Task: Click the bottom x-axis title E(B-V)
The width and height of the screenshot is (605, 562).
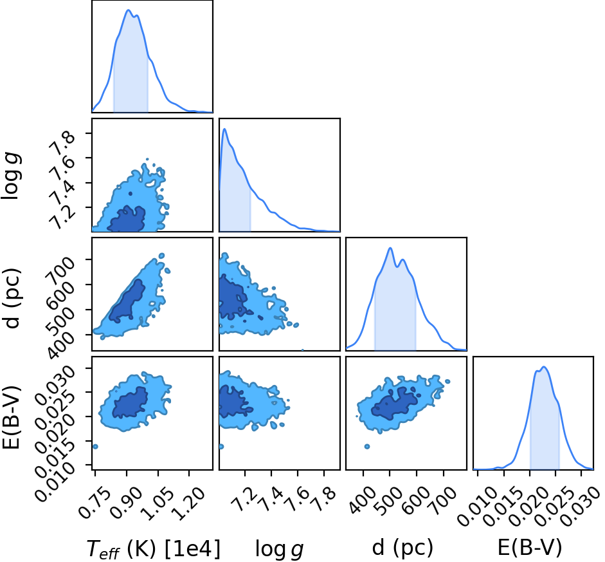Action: (x=529, y=548)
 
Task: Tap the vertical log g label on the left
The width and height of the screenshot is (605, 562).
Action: (x=11, y=176)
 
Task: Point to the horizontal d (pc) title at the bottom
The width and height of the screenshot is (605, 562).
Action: (x=402, y=548)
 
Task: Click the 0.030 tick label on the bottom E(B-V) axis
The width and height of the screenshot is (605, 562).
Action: (x=579, y=507)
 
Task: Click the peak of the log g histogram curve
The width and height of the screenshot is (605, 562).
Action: (x=224, y=129)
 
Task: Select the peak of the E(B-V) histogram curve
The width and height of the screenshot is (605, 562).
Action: (x=544, y=367)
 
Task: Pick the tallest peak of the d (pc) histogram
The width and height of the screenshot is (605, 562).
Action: (x=390, y=248)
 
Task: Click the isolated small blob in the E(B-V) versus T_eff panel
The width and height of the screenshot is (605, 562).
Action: (x=95, y=447)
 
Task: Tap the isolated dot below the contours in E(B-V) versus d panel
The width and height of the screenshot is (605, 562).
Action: (x=367, y=447)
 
